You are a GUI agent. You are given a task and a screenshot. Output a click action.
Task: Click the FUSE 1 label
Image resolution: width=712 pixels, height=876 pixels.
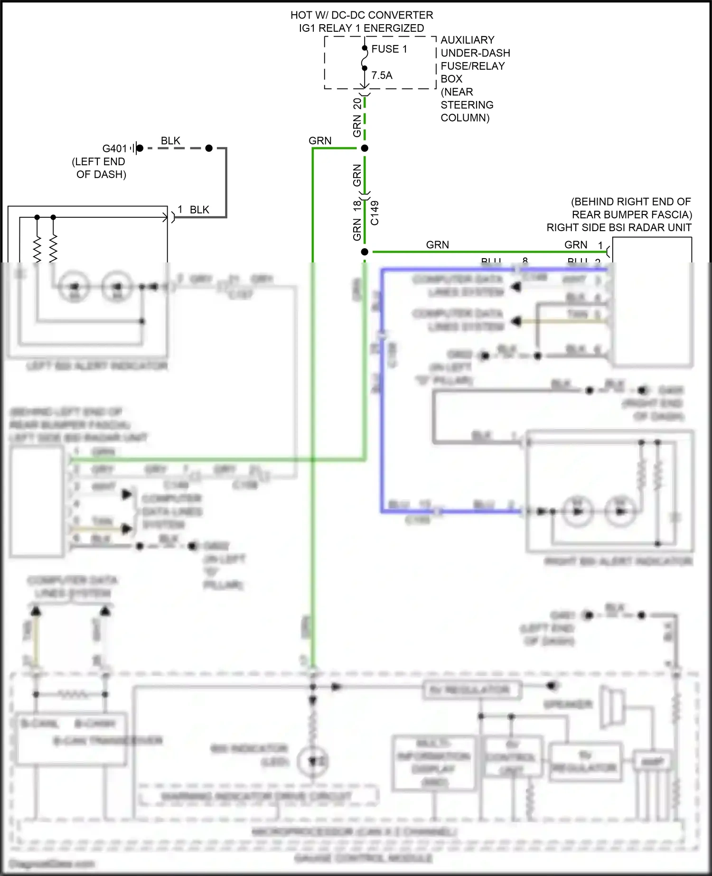(389, 49)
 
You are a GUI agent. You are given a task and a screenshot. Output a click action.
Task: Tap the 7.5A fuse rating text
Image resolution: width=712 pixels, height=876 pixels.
(382, 75)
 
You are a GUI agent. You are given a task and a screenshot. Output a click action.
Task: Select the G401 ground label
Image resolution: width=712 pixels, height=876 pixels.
(114, 149)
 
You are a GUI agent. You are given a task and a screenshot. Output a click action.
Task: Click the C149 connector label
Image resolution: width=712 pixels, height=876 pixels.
(375, 213)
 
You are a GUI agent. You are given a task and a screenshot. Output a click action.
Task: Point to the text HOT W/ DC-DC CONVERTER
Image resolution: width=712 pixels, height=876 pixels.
(362, 15)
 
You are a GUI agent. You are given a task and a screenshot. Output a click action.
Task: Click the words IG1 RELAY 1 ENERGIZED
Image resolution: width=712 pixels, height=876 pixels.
(361, 28)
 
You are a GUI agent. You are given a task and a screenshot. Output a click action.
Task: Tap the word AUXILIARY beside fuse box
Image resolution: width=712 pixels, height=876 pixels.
(467, 40)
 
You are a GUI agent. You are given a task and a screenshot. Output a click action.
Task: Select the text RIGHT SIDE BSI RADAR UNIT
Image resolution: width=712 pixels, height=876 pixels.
(618, 228)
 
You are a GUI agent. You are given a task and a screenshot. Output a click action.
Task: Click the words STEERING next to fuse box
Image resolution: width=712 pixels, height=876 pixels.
(467, 105)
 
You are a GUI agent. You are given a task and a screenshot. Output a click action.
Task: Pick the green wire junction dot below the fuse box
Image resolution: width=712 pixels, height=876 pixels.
(365, 149)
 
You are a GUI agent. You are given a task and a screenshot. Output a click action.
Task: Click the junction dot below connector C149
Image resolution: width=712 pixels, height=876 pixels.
(365, 252)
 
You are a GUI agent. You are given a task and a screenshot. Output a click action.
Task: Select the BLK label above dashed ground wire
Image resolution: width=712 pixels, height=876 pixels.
(170, 141)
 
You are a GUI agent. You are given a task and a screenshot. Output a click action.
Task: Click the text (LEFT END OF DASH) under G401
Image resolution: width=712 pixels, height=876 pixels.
(99, 168)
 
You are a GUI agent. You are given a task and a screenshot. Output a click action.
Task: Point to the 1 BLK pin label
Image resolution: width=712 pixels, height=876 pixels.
(193, 210)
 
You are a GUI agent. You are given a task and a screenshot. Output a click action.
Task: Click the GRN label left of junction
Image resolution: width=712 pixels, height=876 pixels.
(320, 141)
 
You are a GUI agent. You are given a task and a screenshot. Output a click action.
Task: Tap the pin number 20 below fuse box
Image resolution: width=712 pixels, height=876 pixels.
(357, 104)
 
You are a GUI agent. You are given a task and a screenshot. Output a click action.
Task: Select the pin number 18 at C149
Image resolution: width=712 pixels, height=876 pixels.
(357, 206)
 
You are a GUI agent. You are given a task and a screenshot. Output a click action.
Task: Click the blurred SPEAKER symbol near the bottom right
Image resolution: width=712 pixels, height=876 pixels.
(611, 707)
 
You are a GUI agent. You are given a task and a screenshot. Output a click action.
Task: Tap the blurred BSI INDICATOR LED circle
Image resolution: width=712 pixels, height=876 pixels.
(313, 761)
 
